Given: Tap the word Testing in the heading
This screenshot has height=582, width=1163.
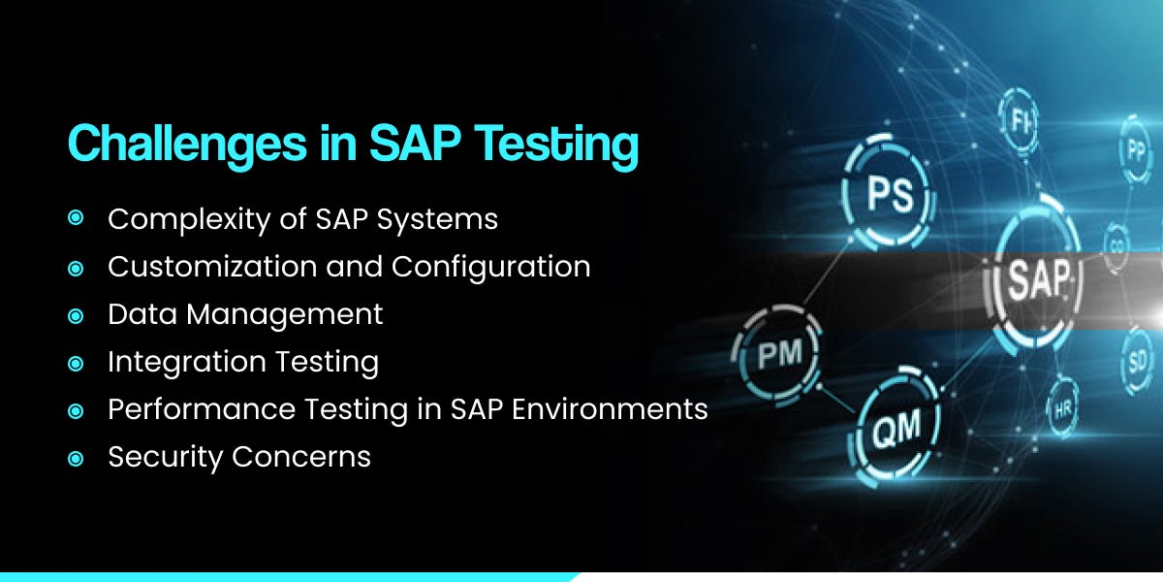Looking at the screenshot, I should click(562, 145).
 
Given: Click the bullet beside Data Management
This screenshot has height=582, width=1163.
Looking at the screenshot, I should click(76, 314).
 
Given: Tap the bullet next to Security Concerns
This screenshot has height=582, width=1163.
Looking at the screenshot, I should click(76, 457).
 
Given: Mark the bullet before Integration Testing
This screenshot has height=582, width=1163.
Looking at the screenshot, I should click(76, 362).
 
